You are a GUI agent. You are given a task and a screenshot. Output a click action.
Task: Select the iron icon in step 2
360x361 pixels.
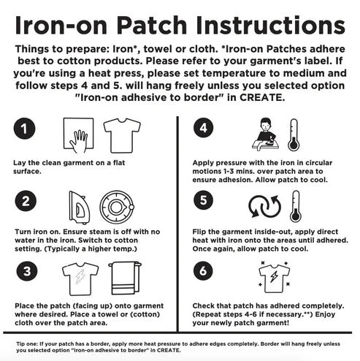pyautogui.click(x=78, y=207)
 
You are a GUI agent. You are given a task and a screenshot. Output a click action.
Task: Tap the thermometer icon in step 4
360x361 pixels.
pyautogui.click(x=294, y=135)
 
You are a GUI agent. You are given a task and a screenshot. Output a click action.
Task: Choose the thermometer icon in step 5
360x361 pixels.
pyautogui.click(x=294, y=207)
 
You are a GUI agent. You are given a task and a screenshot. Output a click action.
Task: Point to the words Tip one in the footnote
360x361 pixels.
pyautogui.click(x=20, y=341)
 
